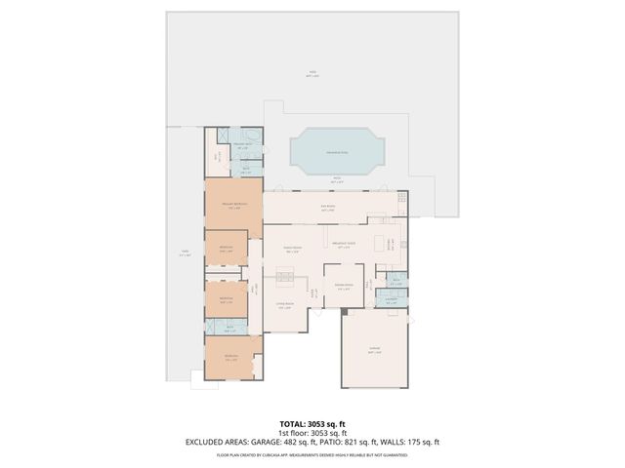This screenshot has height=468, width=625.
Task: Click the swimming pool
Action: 338,151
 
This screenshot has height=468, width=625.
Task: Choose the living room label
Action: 284,307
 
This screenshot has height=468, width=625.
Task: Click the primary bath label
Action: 243,146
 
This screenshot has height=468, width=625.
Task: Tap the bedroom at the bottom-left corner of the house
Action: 232,358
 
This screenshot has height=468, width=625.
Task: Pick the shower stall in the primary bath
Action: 222,136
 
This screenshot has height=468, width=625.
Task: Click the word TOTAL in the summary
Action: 294,424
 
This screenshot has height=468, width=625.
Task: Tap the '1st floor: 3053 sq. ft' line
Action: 312,433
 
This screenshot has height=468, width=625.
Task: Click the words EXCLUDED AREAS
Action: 216,442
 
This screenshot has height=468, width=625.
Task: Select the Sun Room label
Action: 328,207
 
